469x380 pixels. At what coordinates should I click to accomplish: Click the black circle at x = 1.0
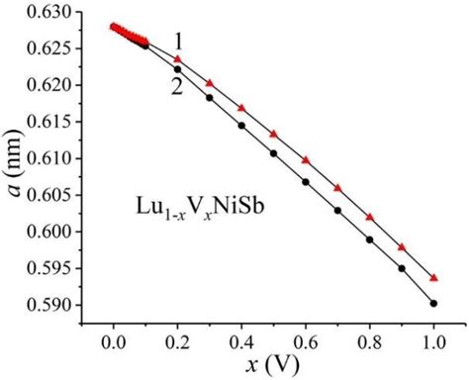tap(433, 303)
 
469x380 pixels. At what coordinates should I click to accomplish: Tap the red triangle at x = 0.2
tap(177, 59)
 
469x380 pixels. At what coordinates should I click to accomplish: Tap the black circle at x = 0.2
tap(177, 69)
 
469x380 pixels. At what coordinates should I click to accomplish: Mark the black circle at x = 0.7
tap(337, 210)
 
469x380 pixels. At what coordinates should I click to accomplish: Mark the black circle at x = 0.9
tap(402, 268)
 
